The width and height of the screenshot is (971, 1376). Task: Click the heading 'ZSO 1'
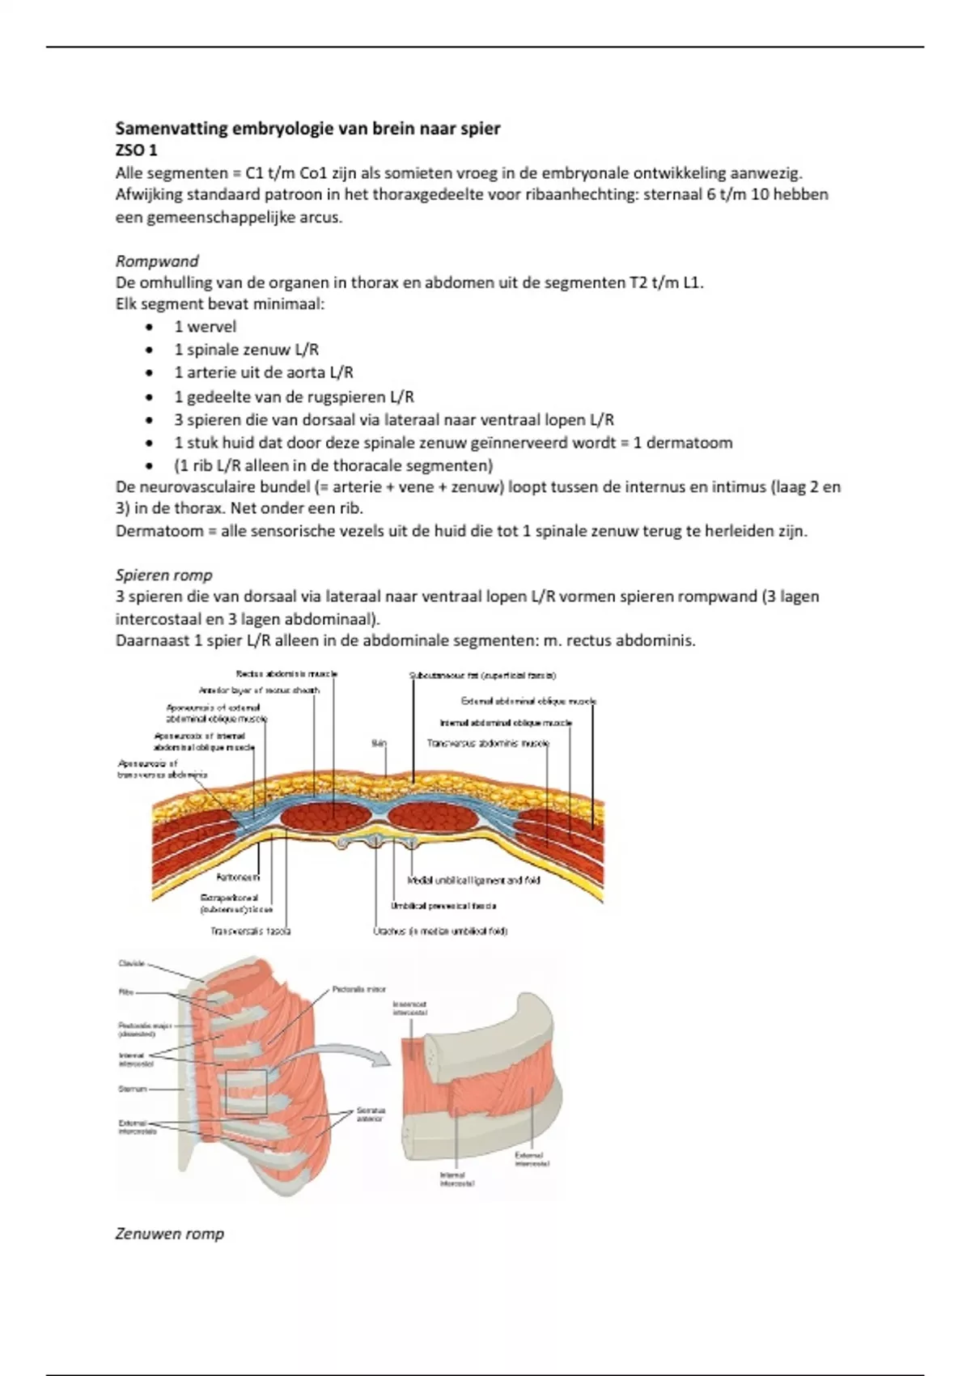tap(136, 151)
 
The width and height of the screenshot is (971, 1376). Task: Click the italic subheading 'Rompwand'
tap(157, 261)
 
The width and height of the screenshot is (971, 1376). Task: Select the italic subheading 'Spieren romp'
tap(163, 575)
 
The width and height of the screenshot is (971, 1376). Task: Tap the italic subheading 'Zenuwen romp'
tap(170, 1234)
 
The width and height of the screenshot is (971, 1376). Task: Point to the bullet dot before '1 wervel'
tap(149, 327)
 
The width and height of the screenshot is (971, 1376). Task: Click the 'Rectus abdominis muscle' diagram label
tap(286, 673)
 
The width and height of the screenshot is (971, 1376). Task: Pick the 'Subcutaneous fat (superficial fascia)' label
tap(483, 675)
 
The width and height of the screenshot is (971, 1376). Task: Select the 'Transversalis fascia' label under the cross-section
tap(251, 931)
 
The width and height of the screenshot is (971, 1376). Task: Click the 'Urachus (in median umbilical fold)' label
tap(441, 931)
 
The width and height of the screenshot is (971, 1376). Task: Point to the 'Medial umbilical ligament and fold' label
tap(474, 880)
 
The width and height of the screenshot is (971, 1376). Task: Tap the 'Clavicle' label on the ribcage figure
tap(131, 963)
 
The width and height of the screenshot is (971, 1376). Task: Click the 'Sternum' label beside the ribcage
tap(133, 1089)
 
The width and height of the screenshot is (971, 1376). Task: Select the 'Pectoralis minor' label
tap(359, 989)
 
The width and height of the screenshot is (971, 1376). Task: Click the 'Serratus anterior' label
tap(371, 1115)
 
